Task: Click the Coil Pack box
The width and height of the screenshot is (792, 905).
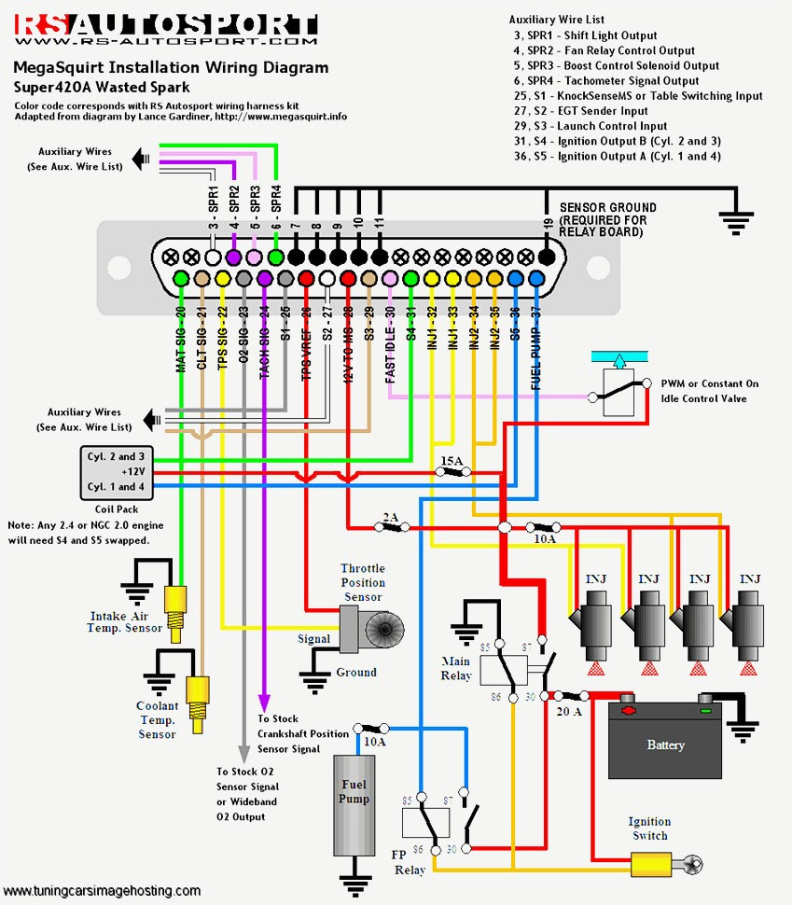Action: [116, 472]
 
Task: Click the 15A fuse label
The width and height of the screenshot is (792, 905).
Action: [452, 461]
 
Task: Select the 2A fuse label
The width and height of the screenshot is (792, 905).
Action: [390, 516]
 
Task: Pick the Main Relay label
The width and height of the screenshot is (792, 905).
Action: [456, 668]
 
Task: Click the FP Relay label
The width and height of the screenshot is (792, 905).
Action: [410, 861]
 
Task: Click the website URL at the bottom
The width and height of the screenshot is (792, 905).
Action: [101, 891]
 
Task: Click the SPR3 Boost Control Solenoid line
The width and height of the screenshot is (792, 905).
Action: [616, 66]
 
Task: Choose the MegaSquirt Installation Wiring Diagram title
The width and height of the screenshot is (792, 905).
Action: [170, 68]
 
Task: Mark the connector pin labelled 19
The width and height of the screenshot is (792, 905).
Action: [547, 254]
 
